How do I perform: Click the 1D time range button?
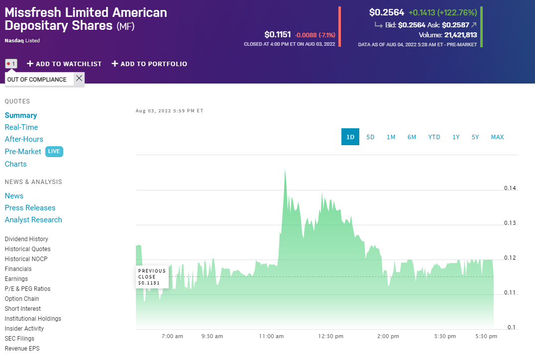[350, 137]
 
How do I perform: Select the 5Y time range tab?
[475, 137]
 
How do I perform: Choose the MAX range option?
[497, 137]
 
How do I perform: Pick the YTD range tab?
[434, 137]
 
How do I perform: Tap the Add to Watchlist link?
[64, 64]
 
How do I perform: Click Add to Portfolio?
[149, 64]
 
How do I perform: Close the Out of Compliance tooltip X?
[79, 79]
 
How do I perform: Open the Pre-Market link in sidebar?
[23, 152]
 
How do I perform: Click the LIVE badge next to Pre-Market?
[54, 152]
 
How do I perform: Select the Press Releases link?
[30, 208]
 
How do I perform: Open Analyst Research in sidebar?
[33, 220]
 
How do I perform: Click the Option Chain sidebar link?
[22, 299]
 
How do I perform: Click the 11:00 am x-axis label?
[271, 336]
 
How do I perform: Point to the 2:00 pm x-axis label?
[388, 336]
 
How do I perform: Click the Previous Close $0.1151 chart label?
[152, 277]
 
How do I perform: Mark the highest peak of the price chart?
[285, 170]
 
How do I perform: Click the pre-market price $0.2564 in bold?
[387, 12]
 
